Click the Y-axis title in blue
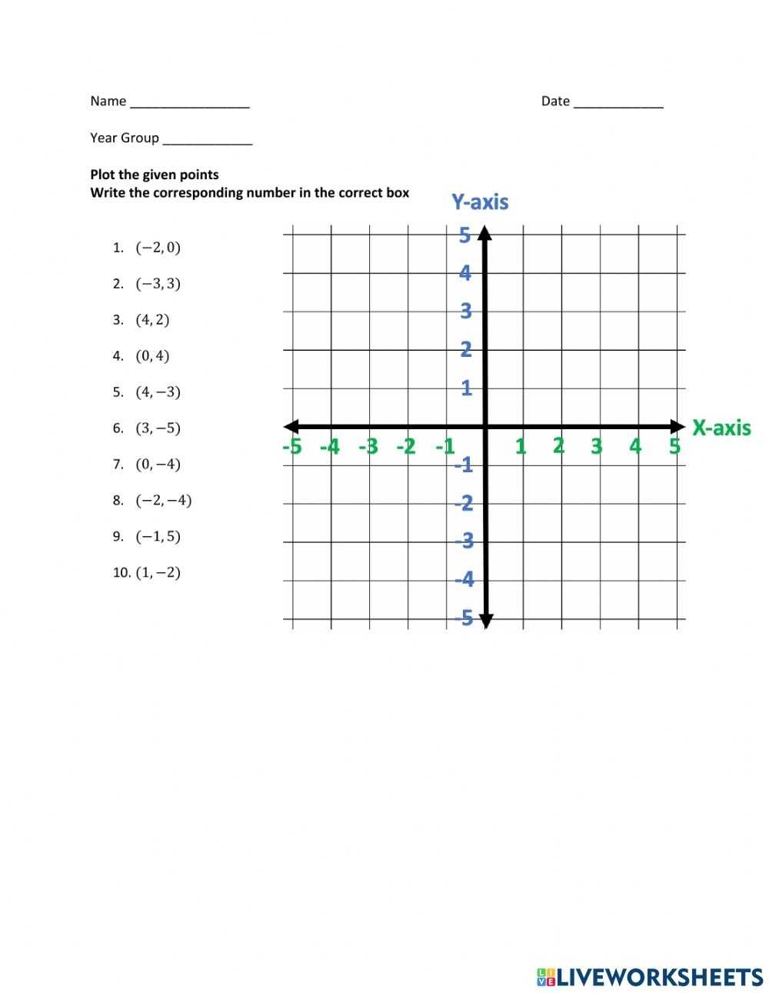pyautogui.click(x=480, y=202)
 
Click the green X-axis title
pyautogui.click(x=721, y=427)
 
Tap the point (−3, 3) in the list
pyautogui.click(x=158, y=284)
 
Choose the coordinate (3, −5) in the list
pyautogui.click(x=158, y=428)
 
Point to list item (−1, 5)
pyautogui.click(x=158, y=537)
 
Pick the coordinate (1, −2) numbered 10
pyautogui.click(x=158, y=573)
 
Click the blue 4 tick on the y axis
pyautogui.click(x=465, y=273)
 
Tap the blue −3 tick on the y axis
pyautogui.click(x=464, y=541)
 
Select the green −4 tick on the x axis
pyautogui.click(x=330, y=446)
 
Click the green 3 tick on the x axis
pyautogui.click(x=597, y=446)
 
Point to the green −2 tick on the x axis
pyautogui.click(x=406, y=446)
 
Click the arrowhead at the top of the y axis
pyautogui.click(x=485, y=232)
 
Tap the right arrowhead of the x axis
pyautogui.click(x=677, y=427)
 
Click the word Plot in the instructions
pyautogui.click(x=102, y=175)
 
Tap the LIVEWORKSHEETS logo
pyautogui.click(x=649, y=977)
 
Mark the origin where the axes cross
pyautogui.click(x=485, y=427)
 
